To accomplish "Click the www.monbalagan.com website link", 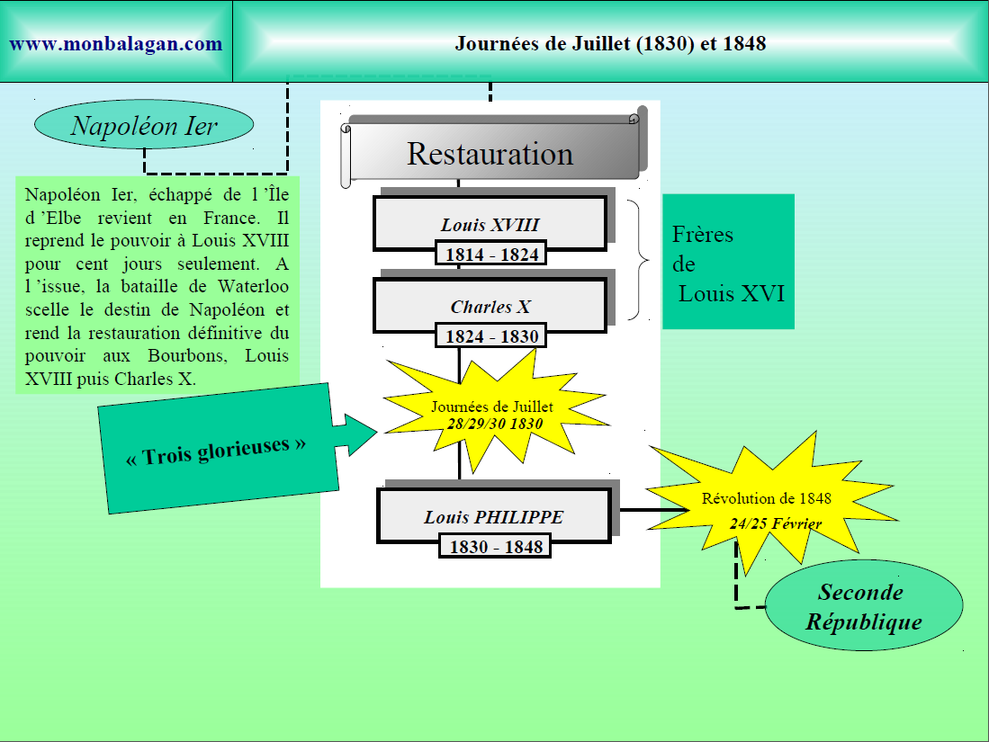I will pyautogui.click(x=116, y=43).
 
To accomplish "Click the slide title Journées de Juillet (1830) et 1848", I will pyautogui.click(x=610, y=43).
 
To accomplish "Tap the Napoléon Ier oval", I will pyautogui.click(x=144, y=126).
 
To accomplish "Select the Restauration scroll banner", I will pyautogui.click(x=490, y=153).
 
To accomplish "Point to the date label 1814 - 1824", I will pyautogui.click(x=491, y=255).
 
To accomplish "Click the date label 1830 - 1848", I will pyautogui.click(x=496, y=546).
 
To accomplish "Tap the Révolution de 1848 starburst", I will pyautogui.click(x=767, y=508).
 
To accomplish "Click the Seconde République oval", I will pyautogui.click(x=863, y=606).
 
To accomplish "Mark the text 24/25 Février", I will pyautogui.click(x=775, y=523).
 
